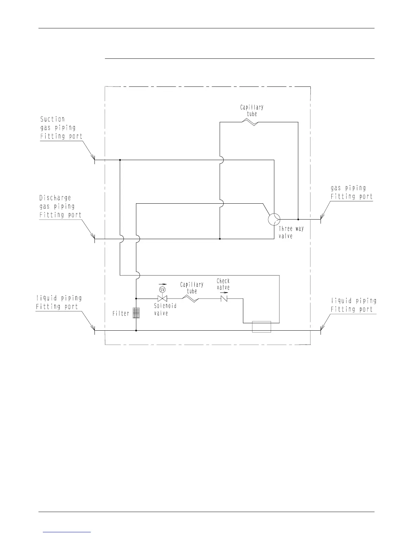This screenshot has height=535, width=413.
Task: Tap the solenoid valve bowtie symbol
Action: click(x=162, y=299)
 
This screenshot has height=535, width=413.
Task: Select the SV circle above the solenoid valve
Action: click(x=162, y=289)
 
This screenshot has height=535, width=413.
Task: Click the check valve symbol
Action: click(x=224, y=299)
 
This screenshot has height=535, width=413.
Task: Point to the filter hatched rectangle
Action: click(x=136, y=313)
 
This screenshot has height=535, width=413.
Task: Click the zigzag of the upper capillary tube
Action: click(x=250, y=122)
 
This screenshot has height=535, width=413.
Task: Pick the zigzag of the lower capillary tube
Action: click(x=190, y=299)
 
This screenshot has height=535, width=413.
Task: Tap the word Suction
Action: click(x=52, y=119)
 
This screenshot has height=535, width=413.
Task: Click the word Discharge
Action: click(x=55, y=198)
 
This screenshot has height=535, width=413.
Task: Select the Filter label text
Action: click(x=121, y=313)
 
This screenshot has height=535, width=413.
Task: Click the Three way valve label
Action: click(x=291, y=232)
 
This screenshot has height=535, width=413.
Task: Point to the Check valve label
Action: click(x=223, y=284)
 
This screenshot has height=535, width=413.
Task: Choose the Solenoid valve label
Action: click(x=165, y=309)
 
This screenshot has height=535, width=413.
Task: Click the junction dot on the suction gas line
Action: click(x=120, y=160)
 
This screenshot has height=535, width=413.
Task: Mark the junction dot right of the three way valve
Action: click(x=298, y=219)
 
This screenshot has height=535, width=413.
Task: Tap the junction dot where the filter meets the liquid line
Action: click(x=136, y=330)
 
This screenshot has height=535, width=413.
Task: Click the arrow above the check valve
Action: click(x=224, y=293)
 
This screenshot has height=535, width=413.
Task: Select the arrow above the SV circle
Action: click(x=163, y=284)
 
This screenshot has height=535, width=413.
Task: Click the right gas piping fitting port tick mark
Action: click(x=321, y=219)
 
